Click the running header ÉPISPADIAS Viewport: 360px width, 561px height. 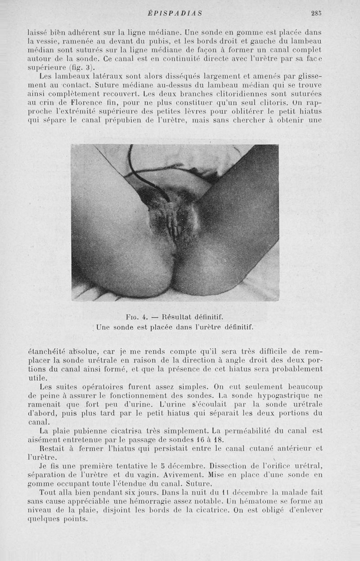(175, 14)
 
